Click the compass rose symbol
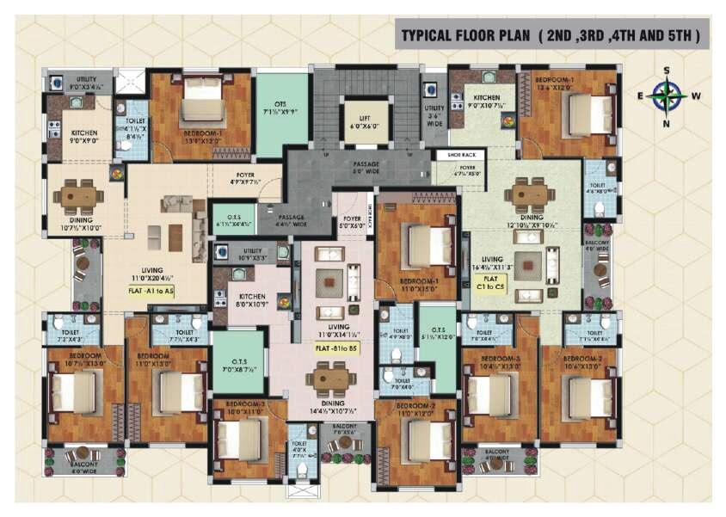click(x=666, y=95)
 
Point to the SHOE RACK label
click(x=453, y=156)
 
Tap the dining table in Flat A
click(x=78, y=197)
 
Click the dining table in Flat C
click(x=527, y=194)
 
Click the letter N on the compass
click(x=667, y=122)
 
